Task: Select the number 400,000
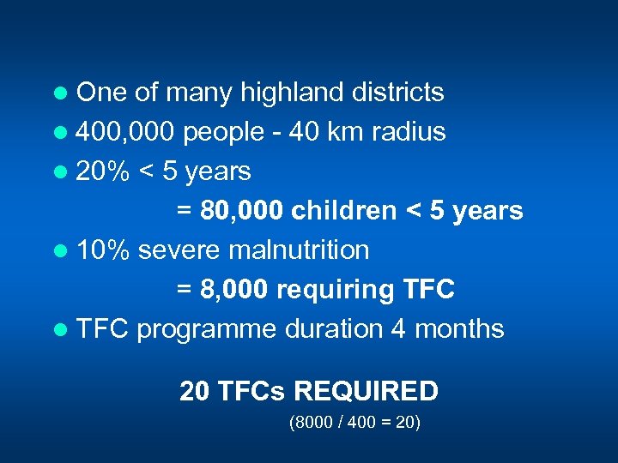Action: (x=126, y=132)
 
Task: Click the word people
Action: (x=224, y=132)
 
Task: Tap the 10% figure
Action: (x=103, y=250)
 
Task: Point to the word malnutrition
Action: (x=298, y=250)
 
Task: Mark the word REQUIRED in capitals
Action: (x=367, y=392)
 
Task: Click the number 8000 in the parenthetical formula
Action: (x=313, y=424)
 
